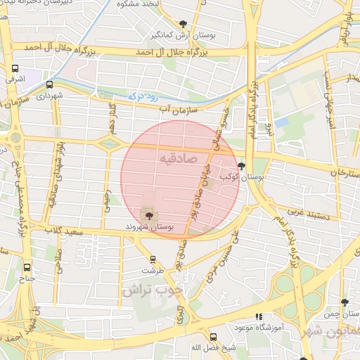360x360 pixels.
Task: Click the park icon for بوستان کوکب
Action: click(243, 167)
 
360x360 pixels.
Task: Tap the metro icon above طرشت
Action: click(153, 259)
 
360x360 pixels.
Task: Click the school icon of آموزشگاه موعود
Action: click(259, 317)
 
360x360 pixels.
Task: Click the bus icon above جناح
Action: click(27, 267)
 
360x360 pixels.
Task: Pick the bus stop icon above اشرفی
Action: click(15, 68)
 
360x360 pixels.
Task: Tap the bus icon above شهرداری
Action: click(49, 84)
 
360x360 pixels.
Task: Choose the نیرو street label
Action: click(267, 129)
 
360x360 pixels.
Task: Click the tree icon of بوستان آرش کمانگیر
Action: click(184, 24)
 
